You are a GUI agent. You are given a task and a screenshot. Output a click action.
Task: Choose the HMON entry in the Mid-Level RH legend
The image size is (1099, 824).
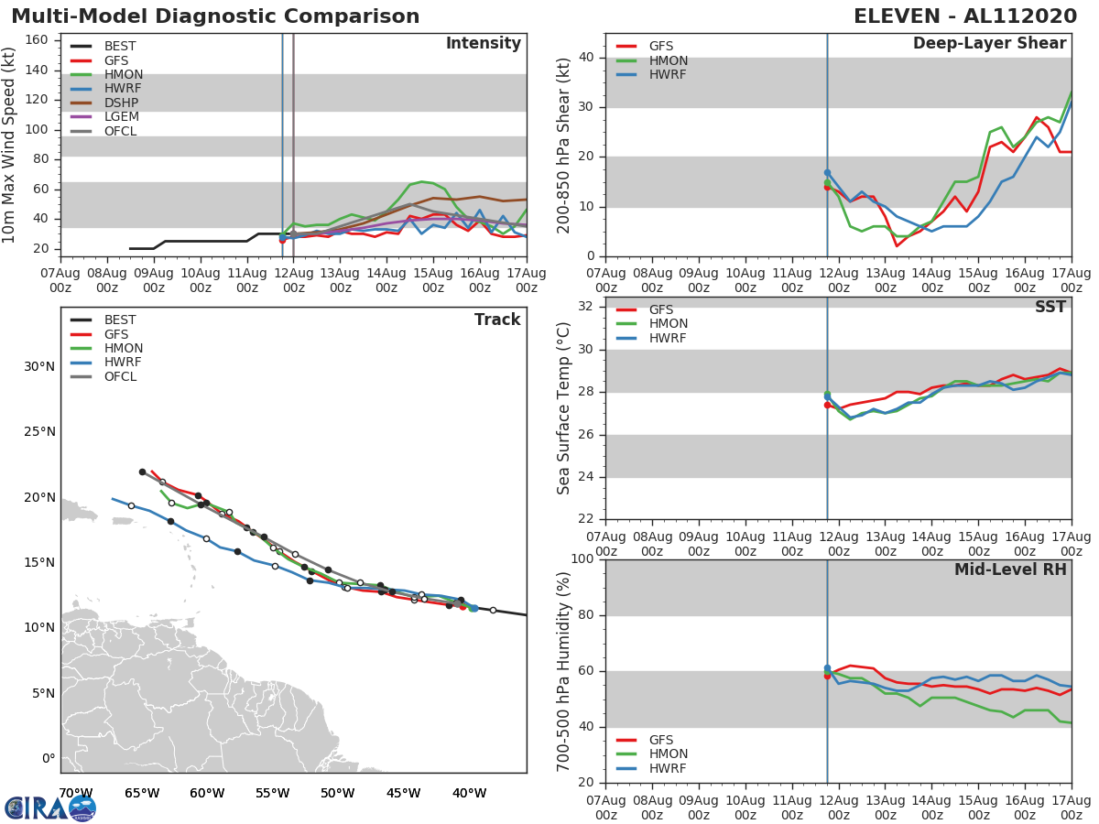668,754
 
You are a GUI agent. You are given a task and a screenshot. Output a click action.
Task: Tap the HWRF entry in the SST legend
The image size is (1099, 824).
668,339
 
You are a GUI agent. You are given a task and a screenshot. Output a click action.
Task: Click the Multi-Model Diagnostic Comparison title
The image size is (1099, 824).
215,16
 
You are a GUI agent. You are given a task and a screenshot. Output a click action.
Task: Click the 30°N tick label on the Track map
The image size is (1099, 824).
39,367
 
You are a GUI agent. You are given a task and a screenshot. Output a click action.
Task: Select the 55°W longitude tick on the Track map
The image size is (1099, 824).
273,793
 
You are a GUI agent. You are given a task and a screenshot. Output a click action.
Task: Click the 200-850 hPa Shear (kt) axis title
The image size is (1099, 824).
564,145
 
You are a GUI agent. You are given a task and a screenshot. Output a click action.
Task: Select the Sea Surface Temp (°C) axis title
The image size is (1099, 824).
564,407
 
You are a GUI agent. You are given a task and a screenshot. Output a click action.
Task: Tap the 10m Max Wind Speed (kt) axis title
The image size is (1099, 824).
9,145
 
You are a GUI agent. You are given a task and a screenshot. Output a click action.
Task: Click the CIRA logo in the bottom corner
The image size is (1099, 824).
50,808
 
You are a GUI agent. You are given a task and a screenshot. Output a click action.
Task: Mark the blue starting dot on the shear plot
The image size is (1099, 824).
827,172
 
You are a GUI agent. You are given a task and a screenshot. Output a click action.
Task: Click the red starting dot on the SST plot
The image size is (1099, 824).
827,405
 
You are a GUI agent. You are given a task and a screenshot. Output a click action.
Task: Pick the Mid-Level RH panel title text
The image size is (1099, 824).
1010,569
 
